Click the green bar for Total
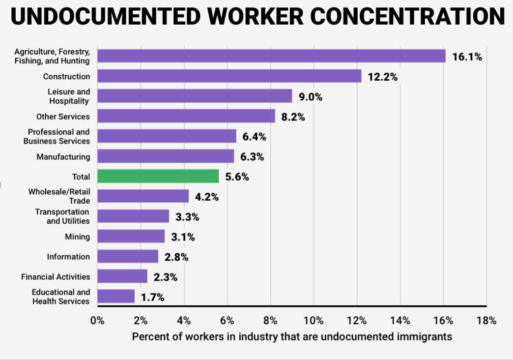coord(158,177)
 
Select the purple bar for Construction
coord(229,76)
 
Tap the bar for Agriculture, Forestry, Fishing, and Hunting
coord(271,56)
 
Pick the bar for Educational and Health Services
coord(116,297)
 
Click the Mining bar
coord(131,237)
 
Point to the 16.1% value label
coord(467,57)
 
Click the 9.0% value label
coord(311,97)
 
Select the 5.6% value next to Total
coord(237,177)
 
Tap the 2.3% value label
coord(165,277)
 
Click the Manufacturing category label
coord(63,157)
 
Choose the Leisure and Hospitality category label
coord(69,96)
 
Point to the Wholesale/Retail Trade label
coord(59,196)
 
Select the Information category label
coord(68,257)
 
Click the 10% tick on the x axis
coord(313,321)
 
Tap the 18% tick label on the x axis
coord(486,321)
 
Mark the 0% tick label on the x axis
coord(97,321)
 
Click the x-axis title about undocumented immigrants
coord(292,337)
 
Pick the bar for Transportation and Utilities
coord(133,216)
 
